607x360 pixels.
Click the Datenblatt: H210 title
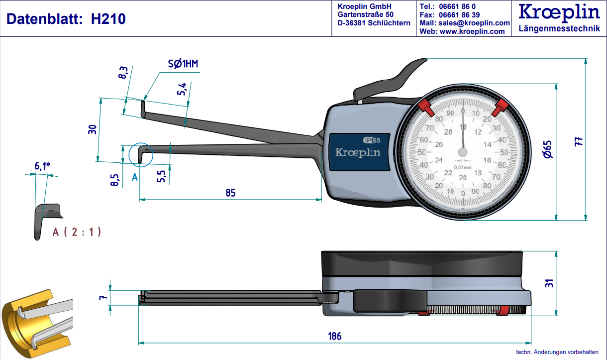(66, 19)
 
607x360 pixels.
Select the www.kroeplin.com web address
(472, 31)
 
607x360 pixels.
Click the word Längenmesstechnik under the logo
(559, 29)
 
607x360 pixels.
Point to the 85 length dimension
(230, 193)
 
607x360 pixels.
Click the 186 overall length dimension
(335, 336)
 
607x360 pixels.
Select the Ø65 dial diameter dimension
(548, 149)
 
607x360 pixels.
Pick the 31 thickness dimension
(549, 283)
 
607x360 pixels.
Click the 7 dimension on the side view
(103, 297)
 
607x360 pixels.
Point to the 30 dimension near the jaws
(92, 130)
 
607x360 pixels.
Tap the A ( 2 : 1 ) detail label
(77, 232)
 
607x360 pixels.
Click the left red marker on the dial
(424, 106)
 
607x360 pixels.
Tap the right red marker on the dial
(501, 106)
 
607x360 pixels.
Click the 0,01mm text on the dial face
(463, 167)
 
